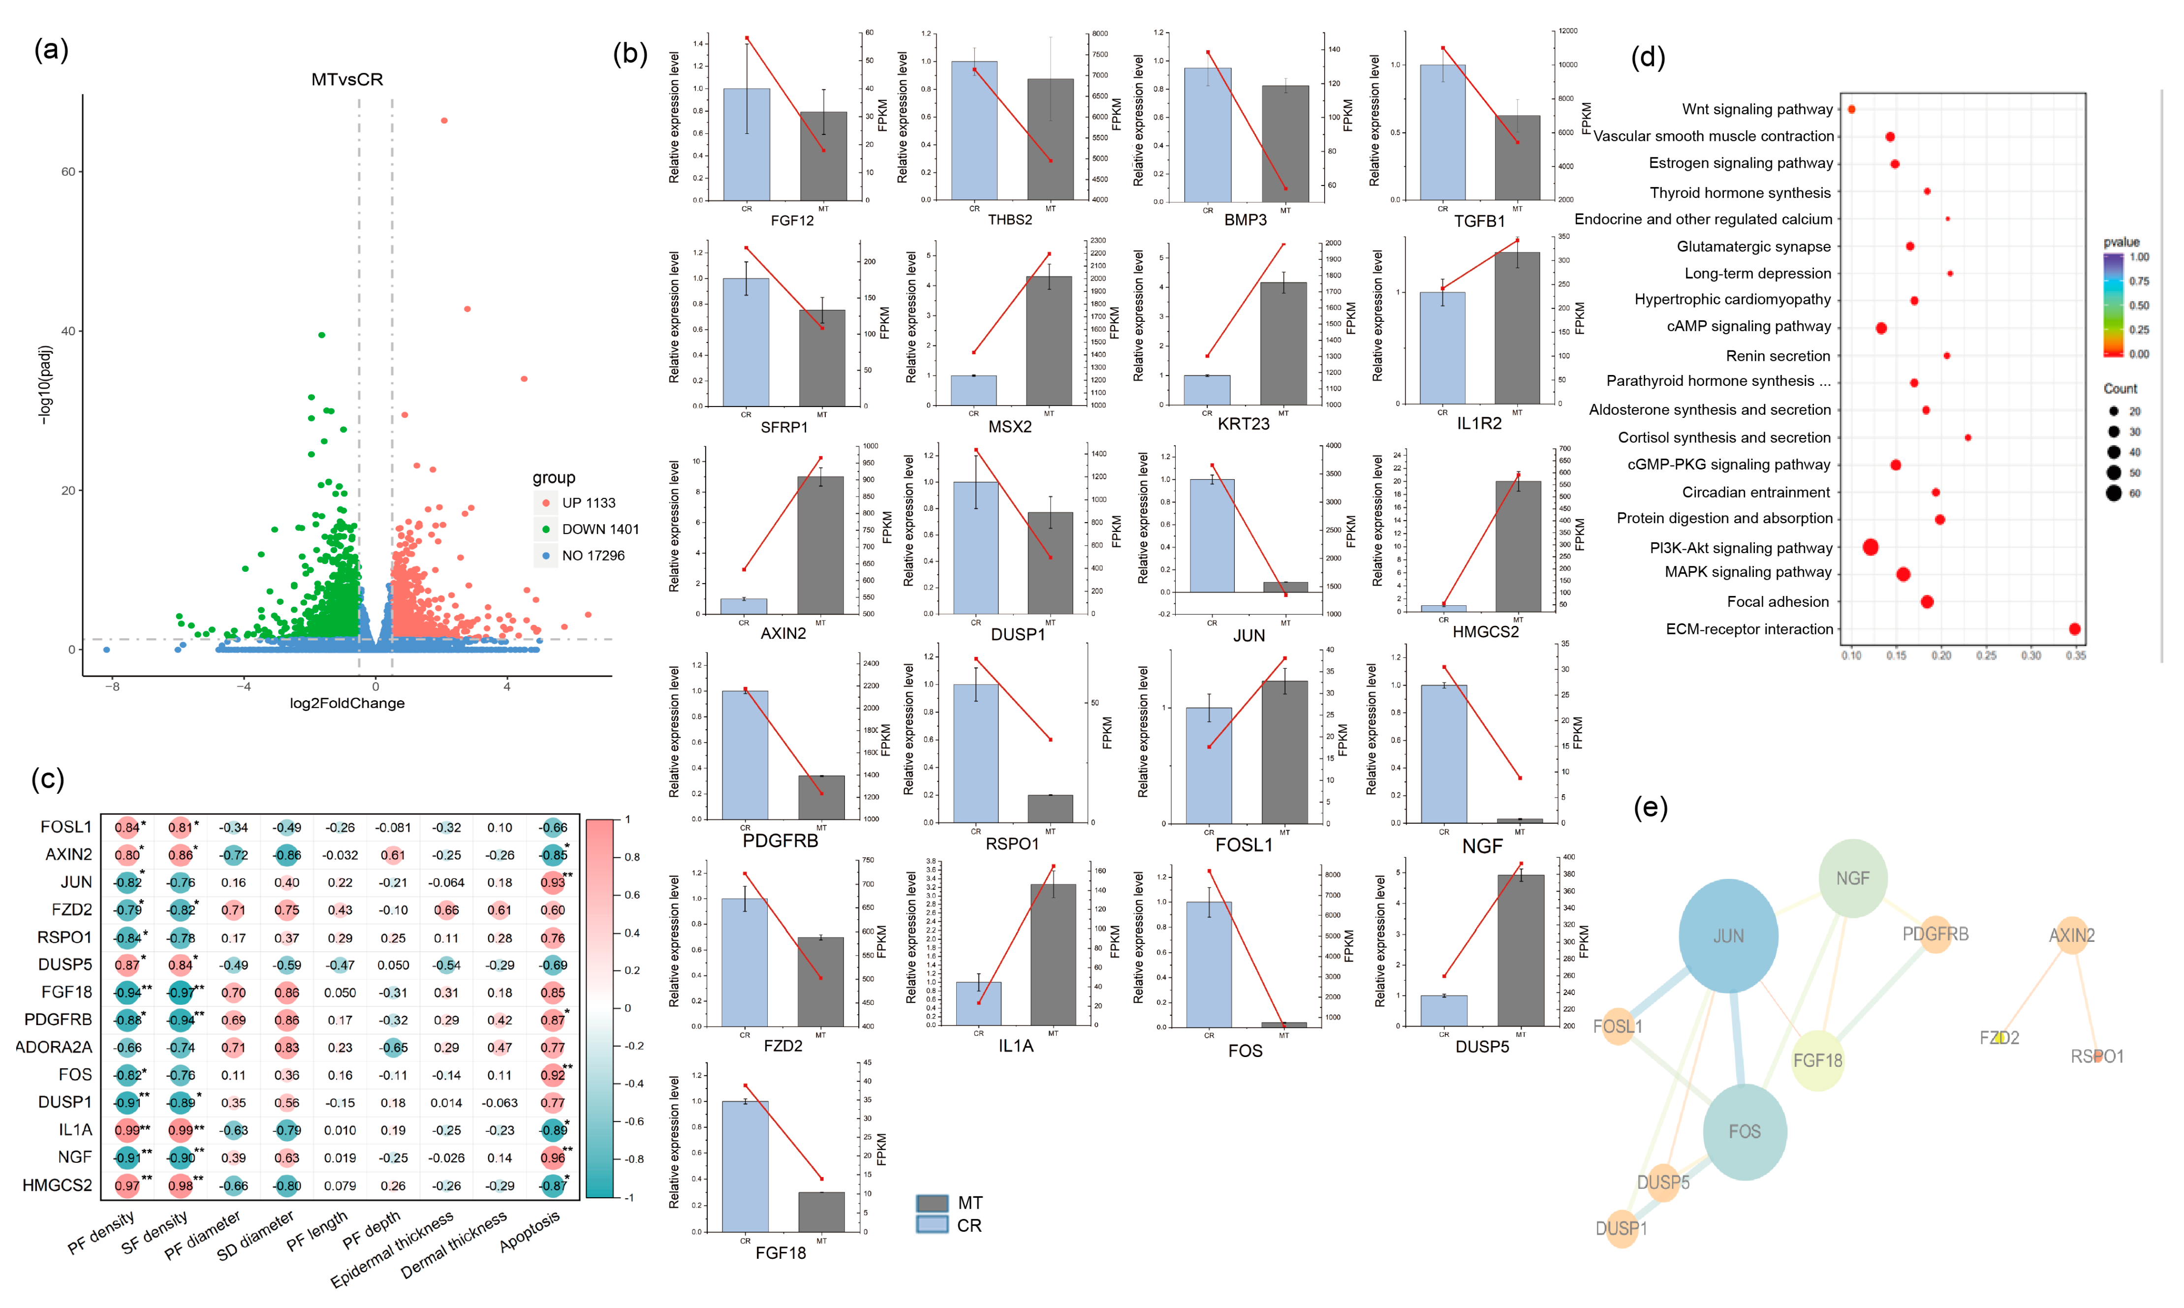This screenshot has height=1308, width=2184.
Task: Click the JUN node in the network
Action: (1727, 935)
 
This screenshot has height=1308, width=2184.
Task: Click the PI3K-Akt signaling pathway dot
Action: (1870, 547)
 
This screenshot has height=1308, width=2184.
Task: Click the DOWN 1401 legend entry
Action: (599, 529)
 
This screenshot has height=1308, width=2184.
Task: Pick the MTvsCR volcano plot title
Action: (347, 79)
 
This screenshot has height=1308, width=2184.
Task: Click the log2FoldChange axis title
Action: (347, 703)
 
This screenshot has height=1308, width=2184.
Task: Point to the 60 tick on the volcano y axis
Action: (68, 172)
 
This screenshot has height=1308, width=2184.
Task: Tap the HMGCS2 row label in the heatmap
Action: (57, 1185)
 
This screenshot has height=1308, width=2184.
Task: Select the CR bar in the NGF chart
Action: (1444, 753)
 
